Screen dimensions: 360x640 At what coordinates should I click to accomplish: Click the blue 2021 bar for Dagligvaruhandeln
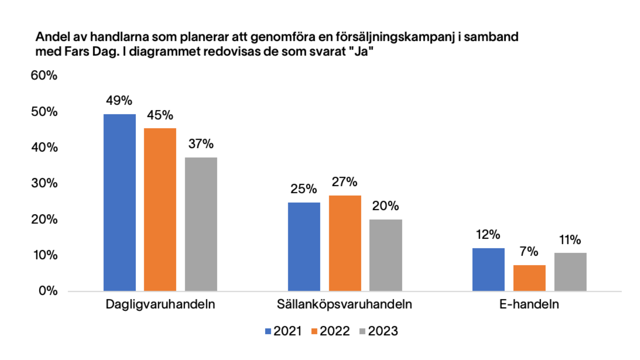pos(120,203)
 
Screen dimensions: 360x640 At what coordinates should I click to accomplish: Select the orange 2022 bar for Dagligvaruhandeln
pos(160,210)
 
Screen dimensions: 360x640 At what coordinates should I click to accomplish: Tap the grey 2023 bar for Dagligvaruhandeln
pos(201,224)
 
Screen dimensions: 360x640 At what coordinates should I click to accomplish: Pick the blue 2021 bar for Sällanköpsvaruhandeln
pos(304,247)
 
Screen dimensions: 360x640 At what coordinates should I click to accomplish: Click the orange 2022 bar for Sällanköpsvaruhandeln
pos(345,243)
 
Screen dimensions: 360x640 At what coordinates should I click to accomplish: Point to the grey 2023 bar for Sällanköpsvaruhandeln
pos(386,255)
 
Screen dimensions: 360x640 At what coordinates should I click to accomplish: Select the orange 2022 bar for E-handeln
pos(529,278)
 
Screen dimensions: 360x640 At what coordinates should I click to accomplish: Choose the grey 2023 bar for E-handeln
pos(570,272)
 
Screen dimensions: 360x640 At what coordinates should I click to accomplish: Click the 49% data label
pos(119,100)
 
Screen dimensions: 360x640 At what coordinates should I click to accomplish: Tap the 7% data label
pos(529,251)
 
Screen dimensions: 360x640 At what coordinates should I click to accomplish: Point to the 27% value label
pos(344,182)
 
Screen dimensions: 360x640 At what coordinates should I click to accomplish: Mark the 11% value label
pos(570,240)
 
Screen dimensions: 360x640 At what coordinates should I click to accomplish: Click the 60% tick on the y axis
pos(44,75)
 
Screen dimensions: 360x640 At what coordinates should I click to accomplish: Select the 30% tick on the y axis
pos(44,183)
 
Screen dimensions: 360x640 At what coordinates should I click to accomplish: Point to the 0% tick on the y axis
pos(48,291)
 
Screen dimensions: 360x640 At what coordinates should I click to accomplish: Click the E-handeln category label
pos(529,304)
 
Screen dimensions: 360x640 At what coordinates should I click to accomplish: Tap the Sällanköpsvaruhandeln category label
pos(344,304)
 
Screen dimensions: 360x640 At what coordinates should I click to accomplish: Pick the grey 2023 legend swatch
pos(362,331)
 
